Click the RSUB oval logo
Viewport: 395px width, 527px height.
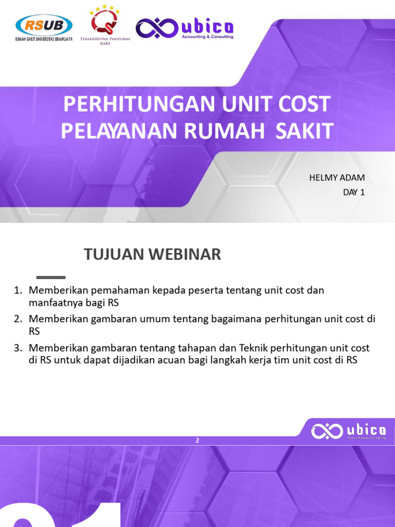point(44,25)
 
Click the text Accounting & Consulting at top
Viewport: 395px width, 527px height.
point(207,37)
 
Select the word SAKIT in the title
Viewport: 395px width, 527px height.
point(304,131)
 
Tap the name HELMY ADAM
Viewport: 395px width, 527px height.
point(337,178)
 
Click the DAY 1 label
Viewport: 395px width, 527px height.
point(354,192)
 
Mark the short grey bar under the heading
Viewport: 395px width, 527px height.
point(51,277)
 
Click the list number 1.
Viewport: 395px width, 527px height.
point(17,290)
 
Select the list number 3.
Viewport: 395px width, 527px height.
point(17,348)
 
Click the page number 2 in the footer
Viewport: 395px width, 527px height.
point(197,440)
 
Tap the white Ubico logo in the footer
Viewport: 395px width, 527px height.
point(348,431)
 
